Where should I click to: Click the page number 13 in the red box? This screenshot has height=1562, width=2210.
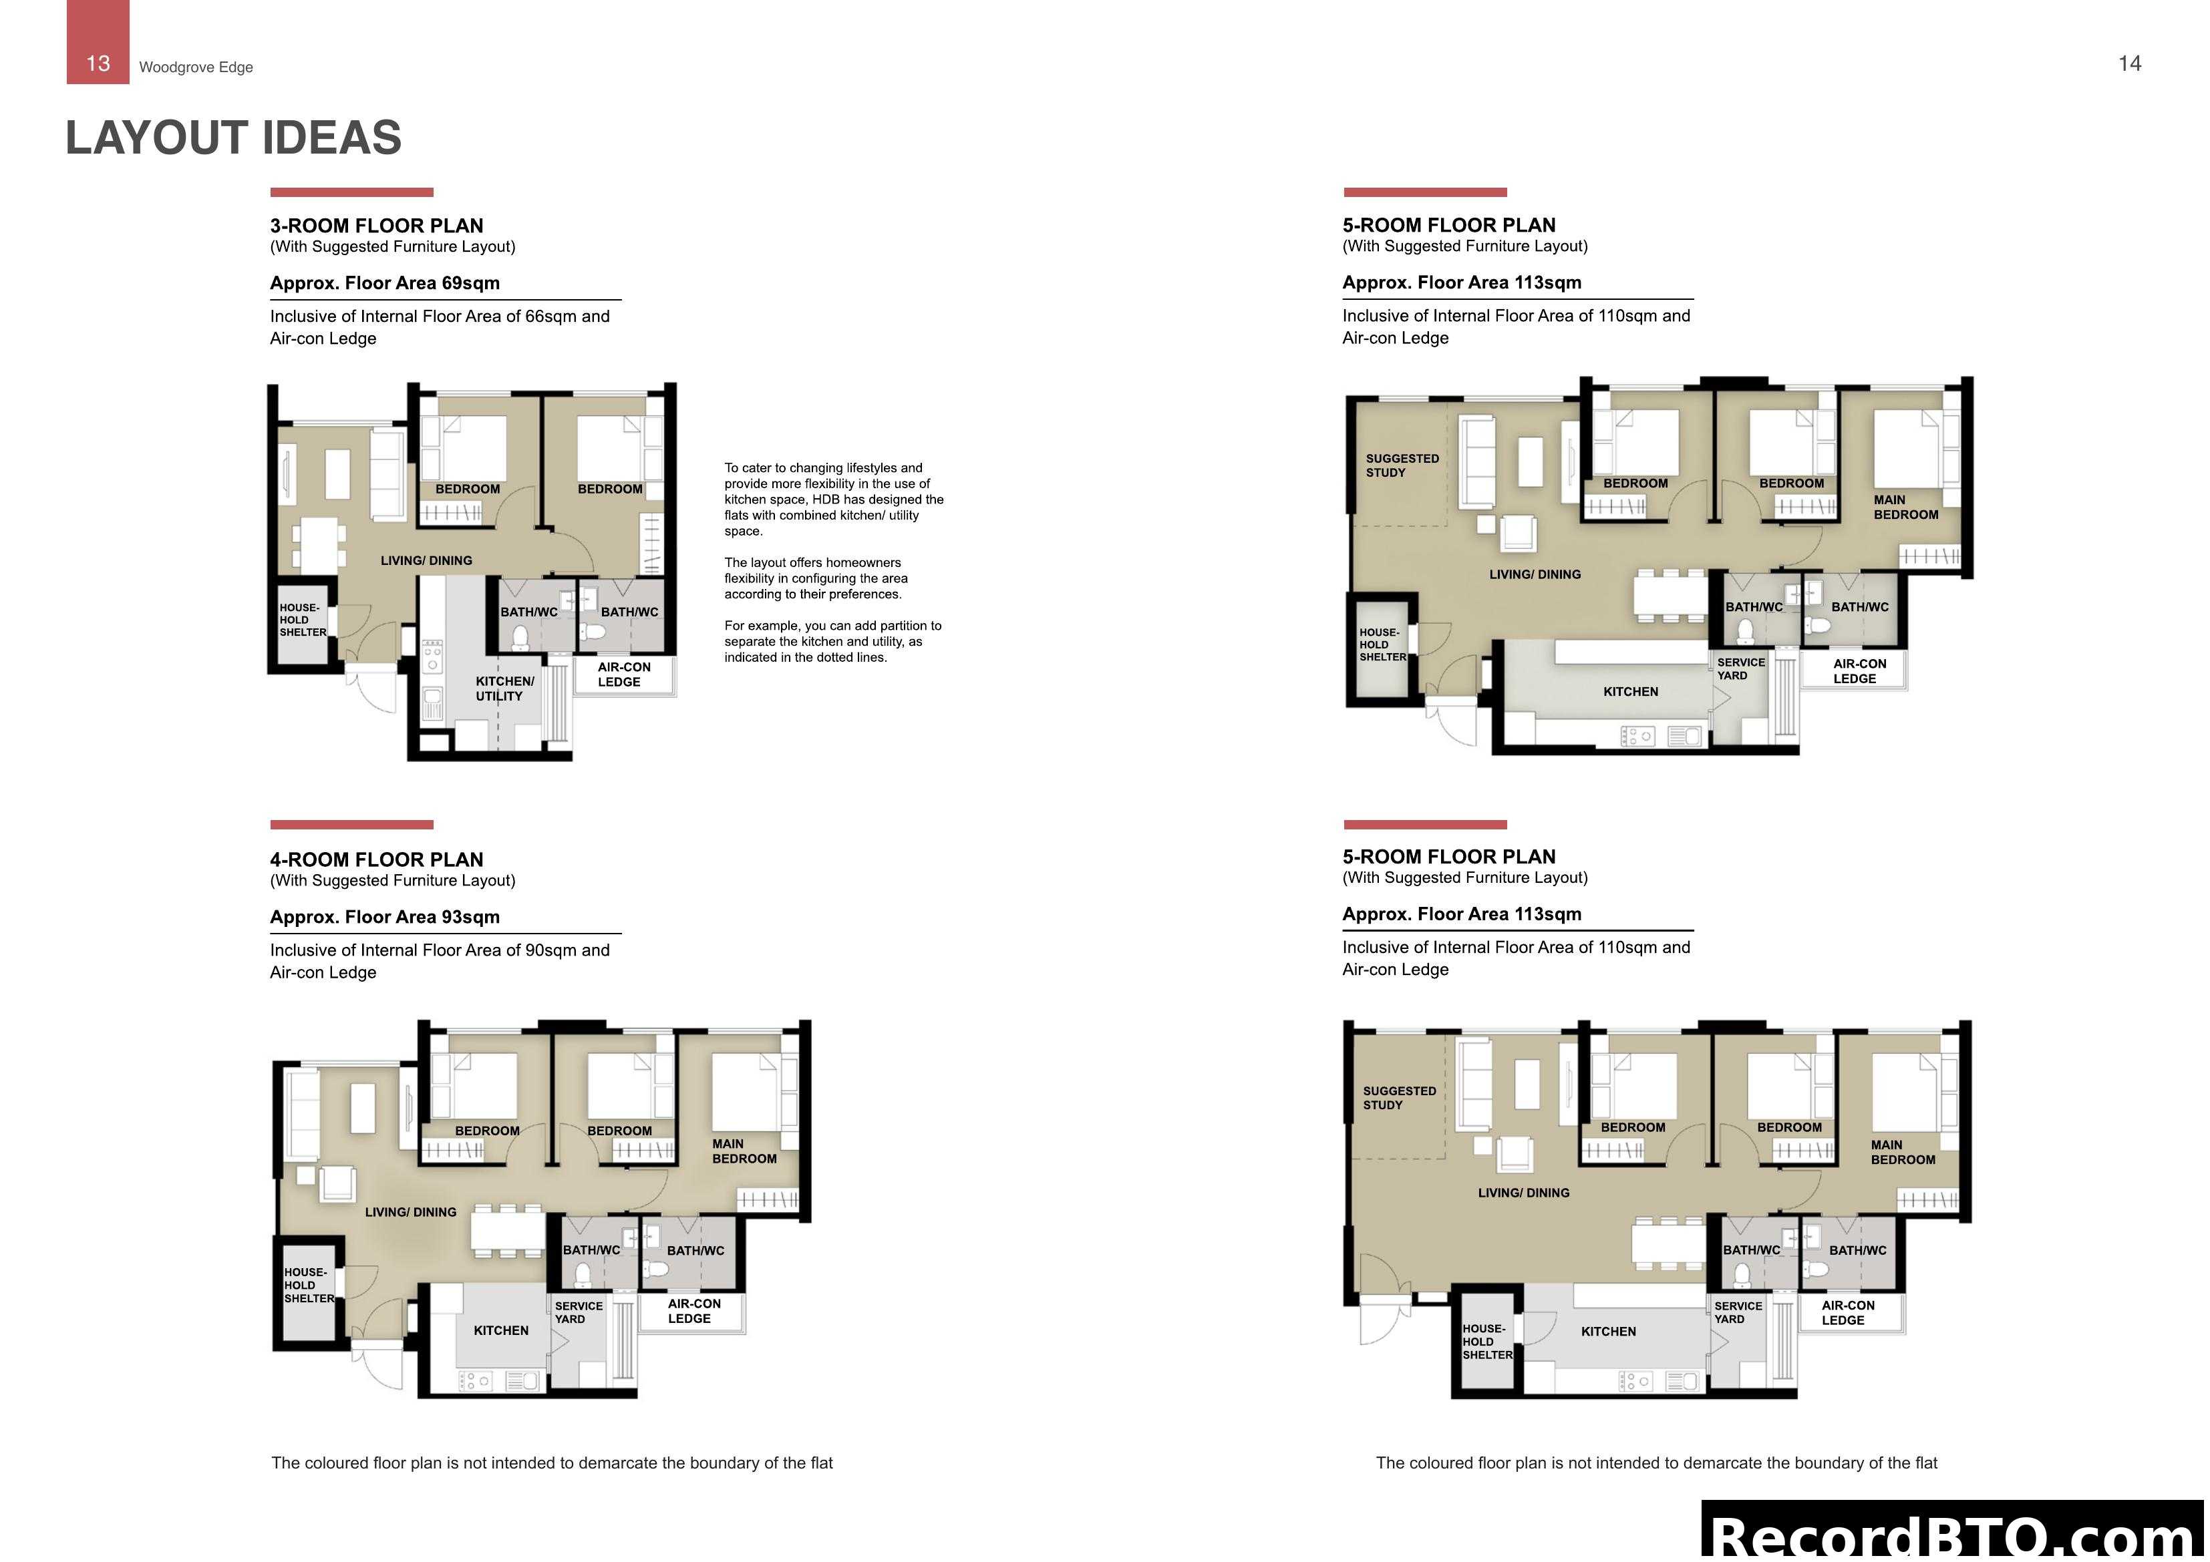(98, 63)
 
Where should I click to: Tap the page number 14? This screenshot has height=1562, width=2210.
(2129, 63)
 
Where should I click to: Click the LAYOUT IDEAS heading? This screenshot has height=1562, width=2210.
(233, 138)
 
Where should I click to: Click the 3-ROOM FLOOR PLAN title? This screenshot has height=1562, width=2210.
(376, 225)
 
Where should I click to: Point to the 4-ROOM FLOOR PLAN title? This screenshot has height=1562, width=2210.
(376, 859)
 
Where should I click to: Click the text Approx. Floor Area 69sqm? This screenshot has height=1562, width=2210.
(384, 283)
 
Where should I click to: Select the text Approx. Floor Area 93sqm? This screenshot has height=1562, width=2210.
(384, 917)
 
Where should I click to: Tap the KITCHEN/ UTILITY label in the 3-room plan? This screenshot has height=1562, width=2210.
(504, 688)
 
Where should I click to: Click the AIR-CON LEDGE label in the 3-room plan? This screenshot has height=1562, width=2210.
(623, 674)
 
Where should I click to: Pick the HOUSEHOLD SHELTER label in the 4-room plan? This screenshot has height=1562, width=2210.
(308, 1285)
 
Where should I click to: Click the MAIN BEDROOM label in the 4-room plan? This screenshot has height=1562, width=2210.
(743, 1151)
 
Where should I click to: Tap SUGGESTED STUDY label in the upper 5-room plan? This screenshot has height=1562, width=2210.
(1402, 466)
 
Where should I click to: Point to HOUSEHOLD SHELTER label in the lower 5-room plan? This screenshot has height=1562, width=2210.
(1486, 1342)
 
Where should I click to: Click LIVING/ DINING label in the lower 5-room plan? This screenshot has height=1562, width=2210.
(1523, 1193)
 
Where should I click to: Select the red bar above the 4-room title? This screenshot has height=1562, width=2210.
(351, 825)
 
